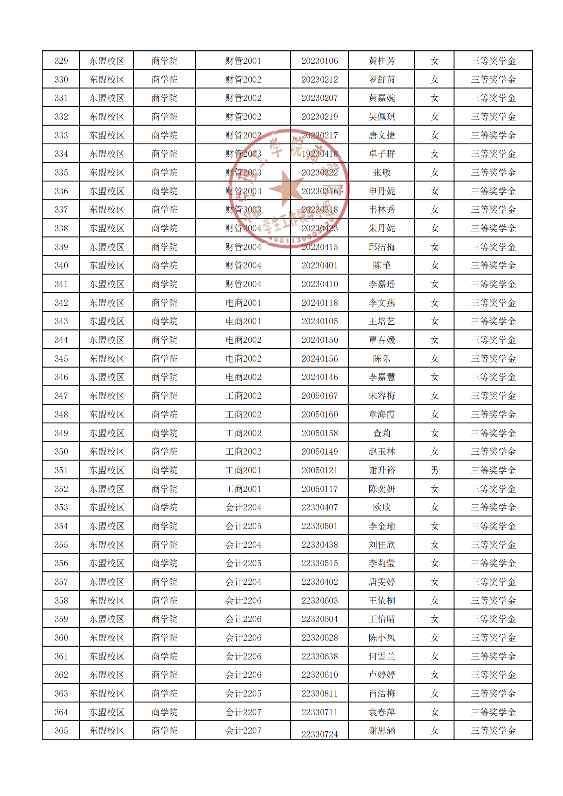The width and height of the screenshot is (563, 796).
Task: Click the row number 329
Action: pyautogui.click(x=61, y=61)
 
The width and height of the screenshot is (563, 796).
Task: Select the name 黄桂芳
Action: pyautogui.click(x=381, y=61)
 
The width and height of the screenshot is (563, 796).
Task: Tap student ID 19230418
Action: pyautogui.click(x=319, y=154)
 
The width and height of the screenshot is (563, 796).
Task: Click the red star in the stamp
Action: pyautogui.click(x=287, y=188)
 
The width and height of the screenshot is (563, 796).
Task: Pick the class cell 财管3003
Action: pyautogui.click(x=243, y=210)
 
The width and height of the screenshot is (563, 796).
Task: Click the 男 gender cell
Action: pyautogui.click(x=434, y=470)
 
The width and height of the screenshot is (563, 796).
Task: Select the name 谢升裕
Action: pyautogui.click(x=381, y=470)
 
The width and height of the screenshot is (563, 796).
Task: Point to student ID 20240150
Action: pyautogui.click(x=319, y=340)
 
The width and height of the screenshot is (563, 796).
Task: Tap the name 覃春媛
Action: pyautogui.click(x=381, y=340)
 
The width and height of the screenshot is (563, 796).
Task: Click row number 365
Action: pyautogui.click(x=61, y=731)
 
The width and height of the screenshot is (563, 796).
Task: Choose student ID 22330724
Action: pyautogui.click(x=319, y=734)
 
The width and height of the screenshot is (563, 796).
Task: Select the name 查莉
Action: pyautogui.click(x=381, y=433)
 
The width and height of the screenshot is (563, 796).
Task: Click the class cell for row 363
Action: pyautogui.click(x=243, y=694)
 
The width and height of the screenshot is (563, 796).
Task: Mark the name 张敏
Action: pyautogui.click(x=381, y=173)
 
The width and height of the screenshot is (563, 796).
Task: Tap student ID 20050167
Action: pyautogui.click(x=319, y=396)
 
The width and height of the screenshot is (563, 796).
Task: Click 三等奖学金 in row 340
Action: pyautogui.click(x=493, y=265)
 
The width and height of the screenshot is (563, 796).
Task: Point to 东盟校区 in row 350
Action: pyautogui.click(x=107, y=452)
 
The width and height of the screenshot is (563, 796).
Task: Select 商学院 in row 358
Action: pyautogui.click(x=164, y=601)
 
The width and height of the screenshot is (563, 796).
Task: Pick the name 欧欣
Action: pyautogui.click(x=381, y=507)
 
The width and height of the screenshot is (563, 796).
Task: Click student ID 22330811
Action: pyautogui.click(x=319, y=694)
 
